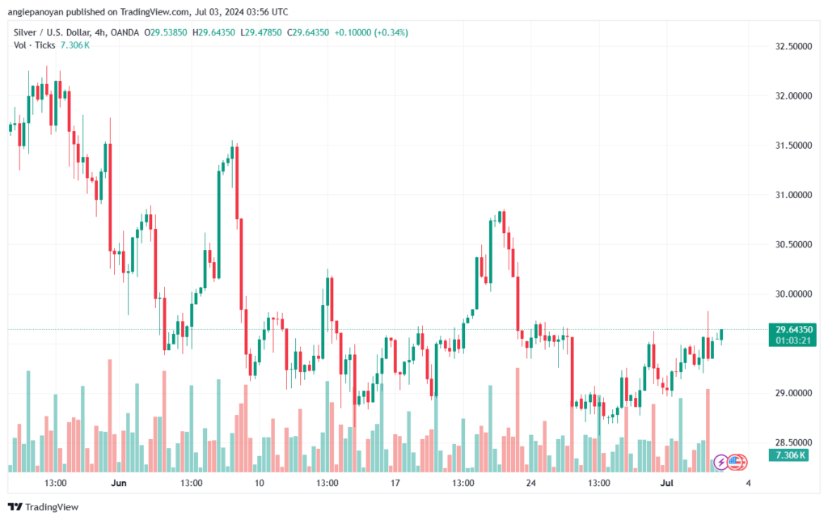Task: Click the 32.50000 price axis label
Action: [x=793, y=46]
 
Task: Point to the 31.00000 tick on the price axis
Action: [x=793, y=195]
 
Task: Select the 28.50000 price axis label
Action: [x=793, y=442]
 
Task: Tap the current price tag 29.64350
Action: [x=793, y=330]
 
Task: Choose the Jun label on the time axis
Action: [x=119, y=483]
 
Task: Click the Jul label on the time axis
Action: [x=667, y=483]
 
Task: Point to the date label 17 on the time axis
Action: [x=395, y=483]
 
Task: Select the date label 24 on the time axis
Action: [x=530, y=483]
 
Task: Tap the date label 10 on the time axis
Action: [x=260, y=483]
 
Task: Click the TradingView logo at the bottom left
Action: [x=44, y=507]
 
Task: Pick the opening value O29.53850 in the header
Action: [x=165, y=32]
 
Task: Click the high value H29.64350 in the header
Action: [x=213, y=32]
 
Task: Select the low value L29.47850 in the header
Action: [x=261, y=32]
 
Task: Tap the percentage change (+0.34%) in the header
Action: [x=391, y=32]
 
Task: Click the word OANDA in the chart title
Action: [x=125, y=32]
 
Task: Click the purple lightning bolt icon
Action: [x=720, y=463]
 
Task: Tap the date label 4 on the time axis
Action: [x=748, y=483]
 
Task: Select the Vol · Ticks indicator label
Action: [x=34, y=45]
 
